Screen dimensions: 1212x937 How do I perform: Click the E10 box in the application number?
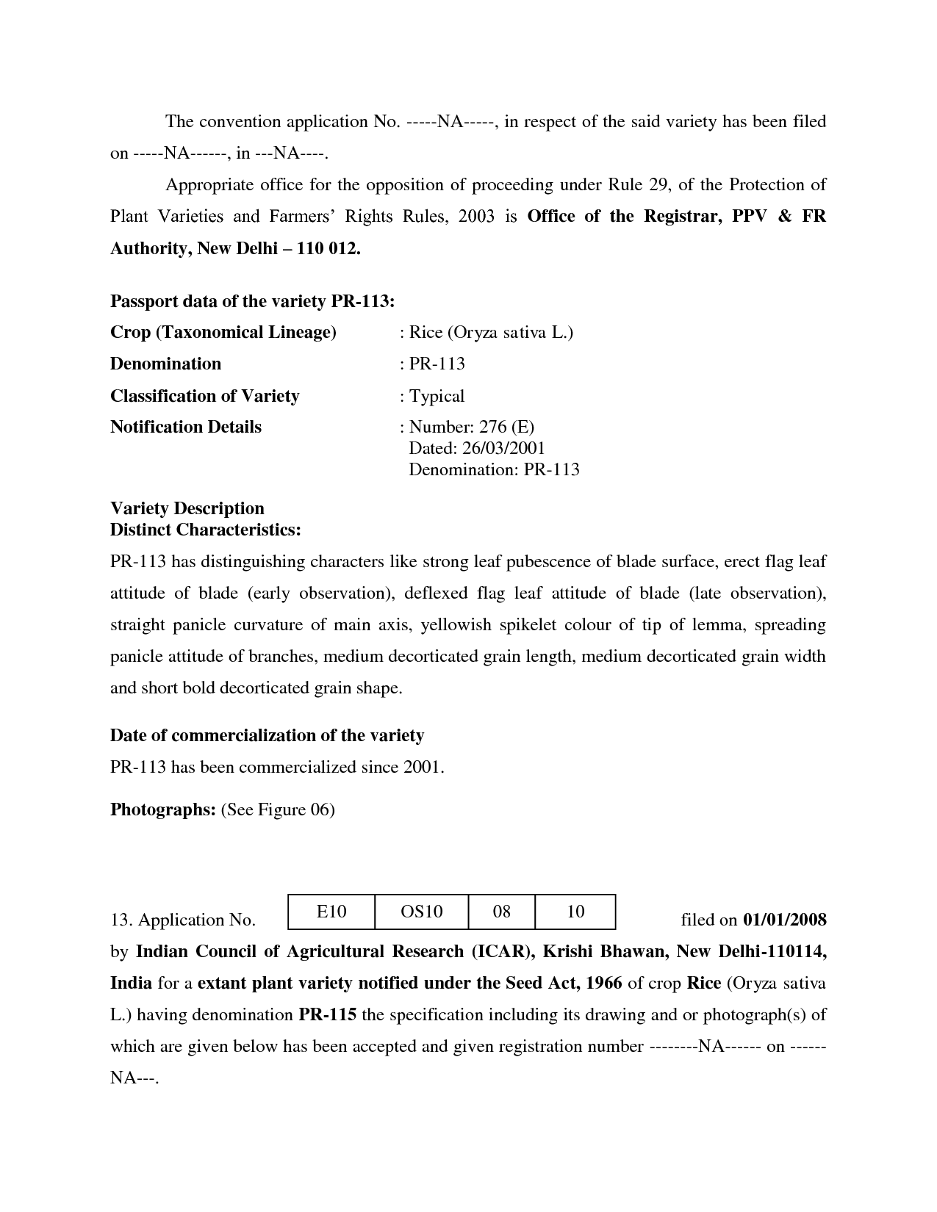(331, 912)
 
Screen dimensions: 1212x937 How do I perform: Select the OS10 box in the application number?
(421, 912)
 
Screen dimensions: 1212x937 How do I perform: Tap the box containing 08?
(501, 912)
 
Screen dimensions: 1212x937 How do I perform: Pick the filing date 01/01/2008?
(785, 920)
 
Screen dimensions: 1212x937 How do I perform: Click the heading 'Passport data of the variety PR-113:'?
(252, 301)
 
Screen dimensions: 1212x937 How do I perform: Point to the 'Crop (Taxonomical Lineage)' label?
(223, 333)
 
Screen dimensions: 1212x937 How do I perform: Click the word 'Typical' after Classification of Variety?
(437, 396)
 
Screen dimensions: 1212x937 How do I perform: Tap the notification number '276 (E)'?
(506, 427)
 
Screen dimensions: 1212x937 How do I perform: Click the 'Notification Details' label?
(186, 427)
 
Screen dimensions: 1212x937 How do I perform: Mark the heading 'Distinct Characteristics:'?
(205, 530)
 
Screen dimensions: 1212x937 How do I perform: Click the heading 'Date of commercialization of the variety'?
(267, 735)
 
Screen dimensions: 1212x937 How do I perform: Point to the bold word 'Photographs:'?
(162, 809)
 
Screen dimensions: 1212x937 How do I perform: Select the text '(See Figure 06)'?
(278, 809)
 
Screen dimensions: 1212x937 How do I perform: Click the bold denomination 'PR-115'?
(327, 1015)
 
